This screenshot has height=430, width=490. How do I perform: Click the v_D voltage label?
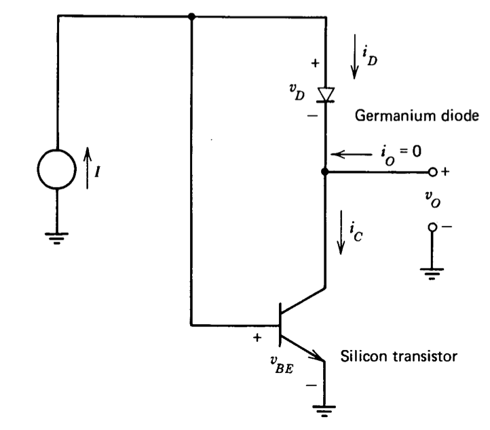(296, 94)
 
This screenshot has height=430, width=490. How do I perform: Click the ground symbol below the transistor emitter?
(326, 409)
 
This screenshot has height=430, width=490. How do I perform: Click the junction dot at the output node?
(326, 172)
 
